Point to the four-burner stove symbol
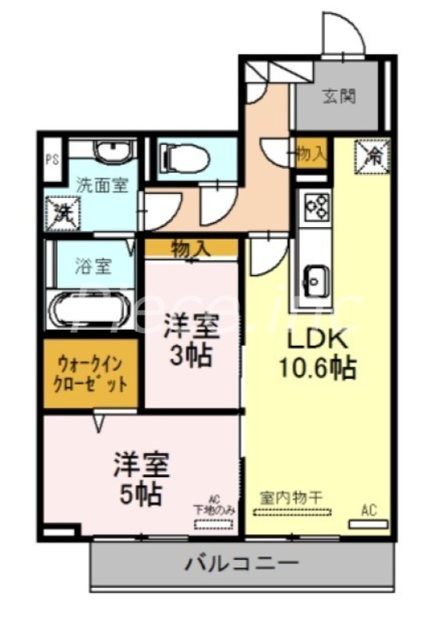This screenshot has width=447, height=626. coord(316,207)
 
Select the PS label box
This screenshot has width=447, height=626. coord(52,160)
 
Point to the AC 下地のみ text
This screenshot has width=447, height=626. coord(214,504)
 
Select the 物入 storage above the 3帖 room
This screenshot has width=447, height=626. coord(190,248)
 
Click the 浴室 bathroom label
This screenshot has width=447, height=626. coord(93,266)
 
